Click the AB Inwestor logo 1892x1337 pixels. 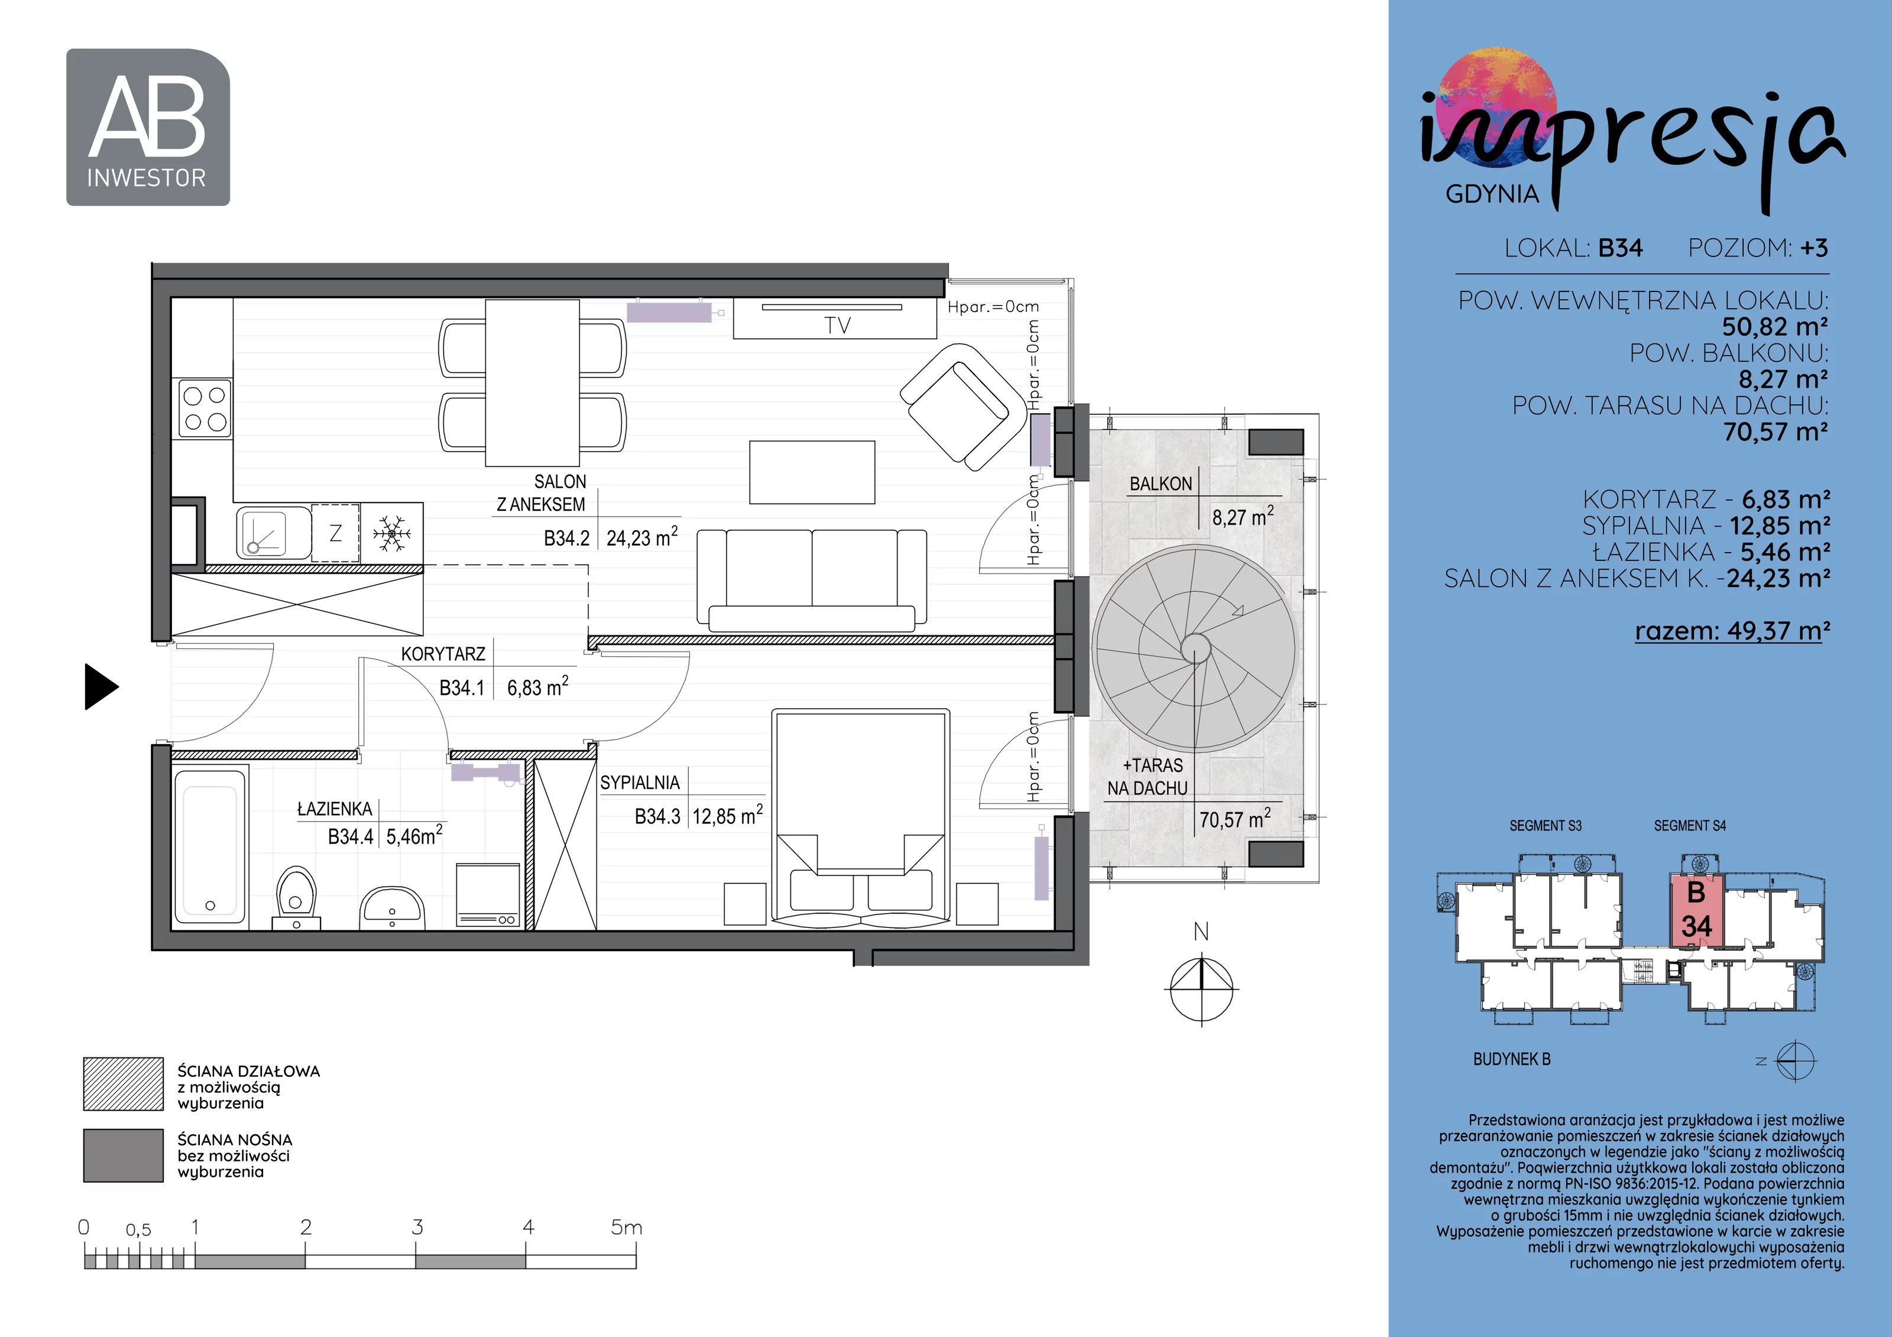[x=148, y=127]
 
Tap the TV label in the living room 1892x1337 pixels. [x=837, y=326]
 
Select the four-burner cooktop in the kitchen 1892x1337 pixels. [x=205, y=408]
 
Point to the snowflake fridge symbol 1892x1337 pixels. [x=391, y=534]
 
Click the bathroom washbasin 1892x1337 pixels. [x=392, y=907]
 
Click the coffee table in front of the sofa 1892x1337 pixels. [x=812, y=472]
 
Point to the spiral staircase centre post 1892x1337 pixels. [x=1196, y=649]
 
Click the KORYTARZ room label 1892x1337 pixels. [x=443, y=654]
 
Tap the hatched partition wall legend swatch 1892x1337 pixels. [x=124, y=1084]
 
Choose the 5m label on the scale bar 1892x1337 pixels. [x=626, y=1228]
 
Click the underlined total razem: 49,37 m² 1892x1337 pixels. [x=1732, y=631]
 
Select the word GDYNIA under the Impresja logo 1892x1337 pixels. [x=1492, y=194]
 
